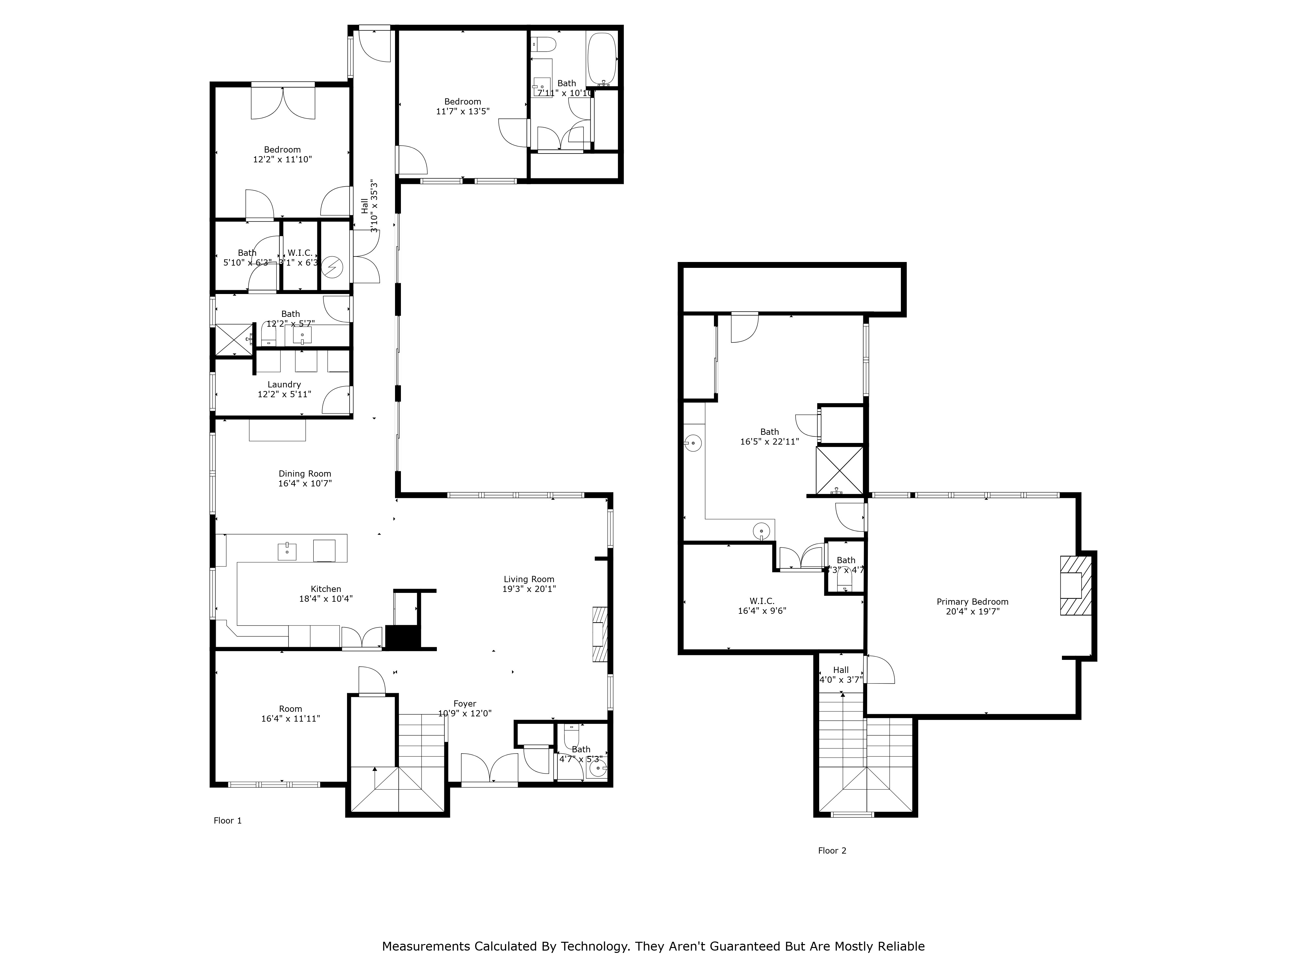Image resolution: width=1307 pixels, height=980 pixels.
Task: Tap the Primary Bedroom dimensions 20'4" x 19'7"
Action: pos(972,612)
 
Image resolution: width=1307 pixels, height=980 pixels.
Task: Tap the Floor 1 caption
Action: pos(227,821)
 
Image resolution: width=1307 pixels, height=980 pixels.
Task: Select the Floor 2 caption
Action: pos(832,851)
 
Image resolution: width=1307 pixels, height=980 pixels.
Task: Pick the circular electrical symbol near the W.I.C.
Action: pos(333,267)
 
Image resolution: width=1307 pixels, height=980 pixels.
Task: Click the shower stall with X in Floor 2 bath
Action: pos(839,470)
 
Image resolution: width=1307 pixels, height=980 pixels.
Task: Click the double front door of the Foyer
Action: pos(489,769)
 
